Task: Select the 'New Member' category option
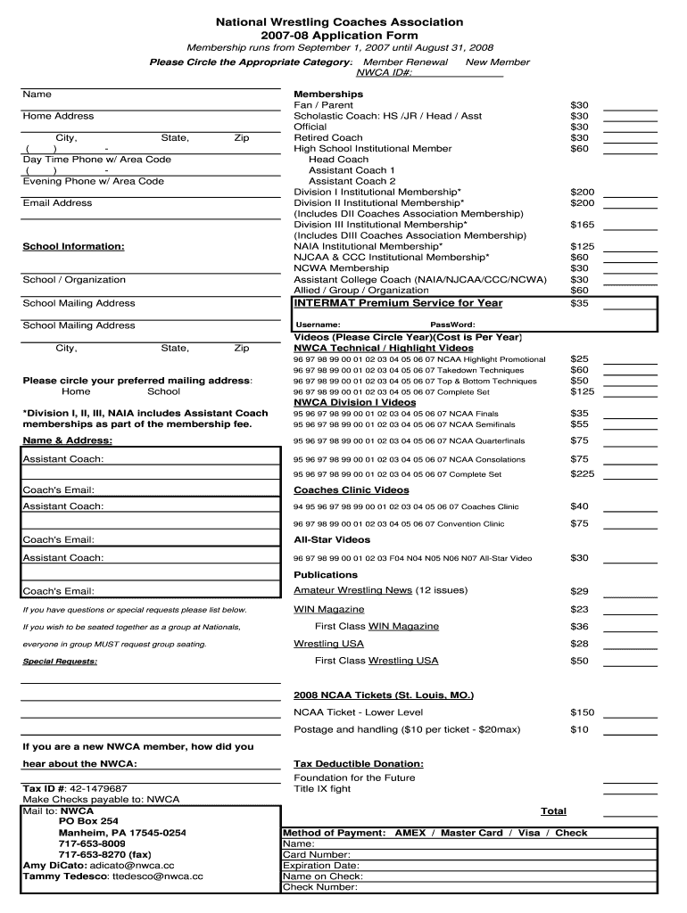point(497,62)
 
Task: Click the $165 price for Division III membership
point(582,225)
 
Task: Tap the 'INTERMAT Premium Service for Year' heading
point(398,303)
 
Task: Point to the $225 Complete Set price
point(582,473)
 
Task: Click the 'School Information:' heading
point(73,246)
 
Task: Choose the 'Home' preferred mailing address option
point(76,391)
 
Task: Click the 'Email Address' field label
point(57,203)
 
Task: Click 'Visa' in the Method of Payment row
point(531,833)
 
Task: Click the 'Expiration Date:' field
point(321,865)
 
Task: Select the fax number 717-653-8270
point(91,853)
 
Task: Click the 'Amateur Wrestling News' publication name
point(353,590)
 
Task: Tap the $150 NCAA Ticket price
point(582,712)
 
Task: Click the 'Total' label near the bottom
point(553,811)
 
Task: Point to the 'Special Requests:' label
point(60,662)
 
